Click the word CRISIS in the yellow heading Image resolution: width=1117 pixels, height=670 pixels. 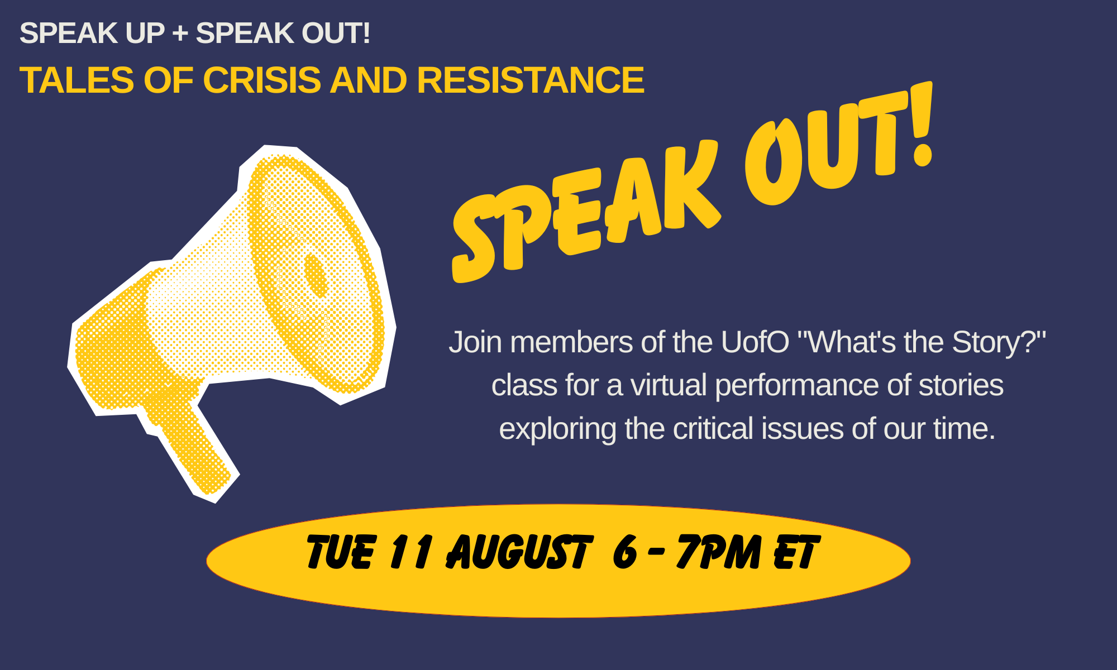(262, 80)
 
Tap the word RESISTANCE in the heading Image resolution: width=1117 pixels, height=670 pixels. (531, 80)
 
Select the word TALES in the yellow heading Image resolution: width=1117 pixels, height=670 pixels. (77, 80)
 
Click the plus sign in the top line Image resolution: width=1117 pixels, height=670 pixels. (180, 33)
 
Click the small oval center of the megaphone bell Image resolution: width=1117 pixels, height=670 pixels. (315, 276)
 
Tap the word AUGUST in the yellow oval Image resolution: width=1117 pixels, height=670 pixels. (518, 552)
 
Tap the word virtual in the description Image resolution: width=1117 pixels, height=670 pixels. (669, 385)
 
